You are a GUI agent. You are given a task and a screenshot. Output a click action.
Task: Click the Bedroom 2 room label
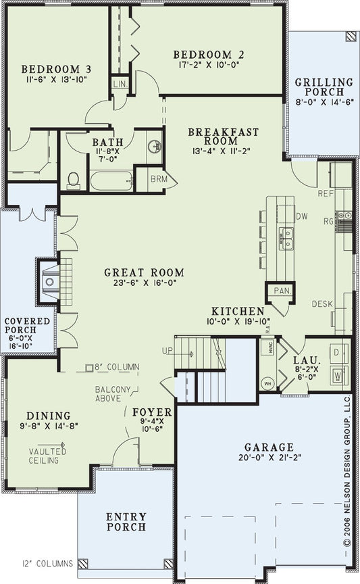point(208,55)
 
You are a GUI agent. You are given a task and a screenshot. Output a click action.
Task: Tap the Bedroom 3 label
point(47,69)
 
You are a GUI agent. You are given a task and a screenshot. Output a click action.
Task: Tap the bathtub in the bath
point(111,182)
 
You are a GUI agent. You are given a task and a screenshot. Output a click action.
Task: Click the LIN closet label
point(120,83)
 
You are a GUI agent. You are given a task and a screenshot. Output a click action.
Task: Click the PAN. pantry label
point(280,290)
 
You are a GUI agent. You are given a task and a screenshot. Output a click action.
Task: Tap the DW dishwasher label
point(302,216)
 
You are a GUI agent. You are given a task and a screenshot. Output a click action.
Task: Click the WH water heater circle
point(265,381)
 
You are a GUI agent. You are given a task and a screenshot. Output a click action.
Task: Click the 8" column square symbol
point(89,368)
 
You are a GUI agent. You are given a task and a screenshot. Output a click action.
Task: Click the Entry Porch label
point(126,522)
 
